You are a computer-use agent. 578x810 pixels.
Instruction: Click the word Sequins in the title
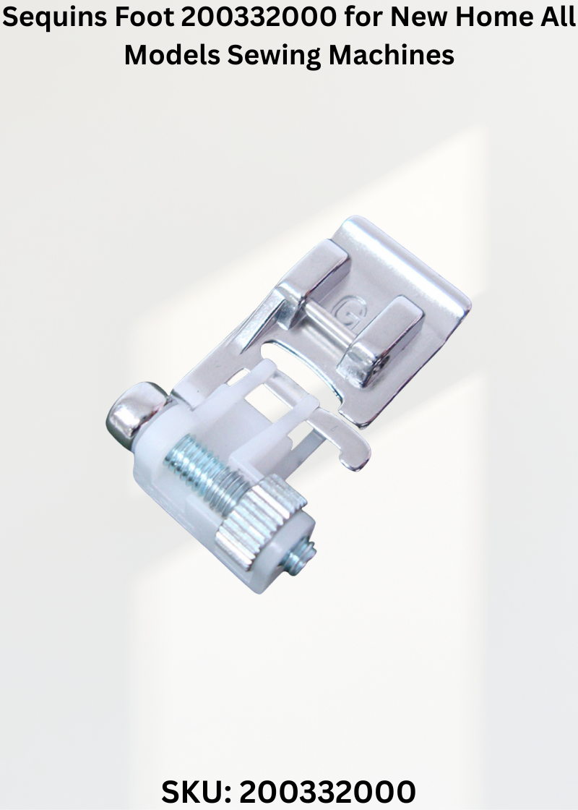(54, 18)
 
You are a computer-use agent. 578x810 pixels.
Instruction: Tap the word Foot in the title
(144, 17)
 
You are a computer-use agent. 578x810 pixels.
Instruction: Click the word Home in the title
(496, 17)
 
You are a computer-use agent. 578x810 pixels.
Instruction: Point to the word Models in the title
(173, 54)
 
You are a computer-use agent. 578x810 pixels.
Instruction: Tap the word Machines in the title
(391, 54)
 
